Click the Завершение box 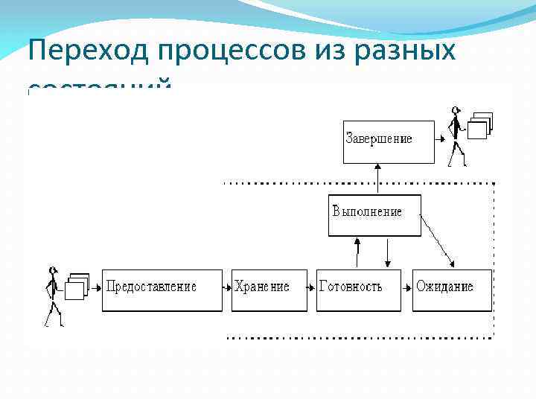[388, 141]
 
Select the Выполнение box [374, 215]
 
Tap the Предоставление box [162, 290]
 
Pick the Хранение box [269, 290]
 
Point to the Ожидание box [452, 290]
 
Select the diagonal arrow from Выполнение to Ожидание [437, 240]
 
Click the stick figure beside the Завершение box [456, 136]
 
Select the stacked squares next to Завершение [479, 125]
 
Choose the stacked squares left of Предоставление [77, 287]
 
